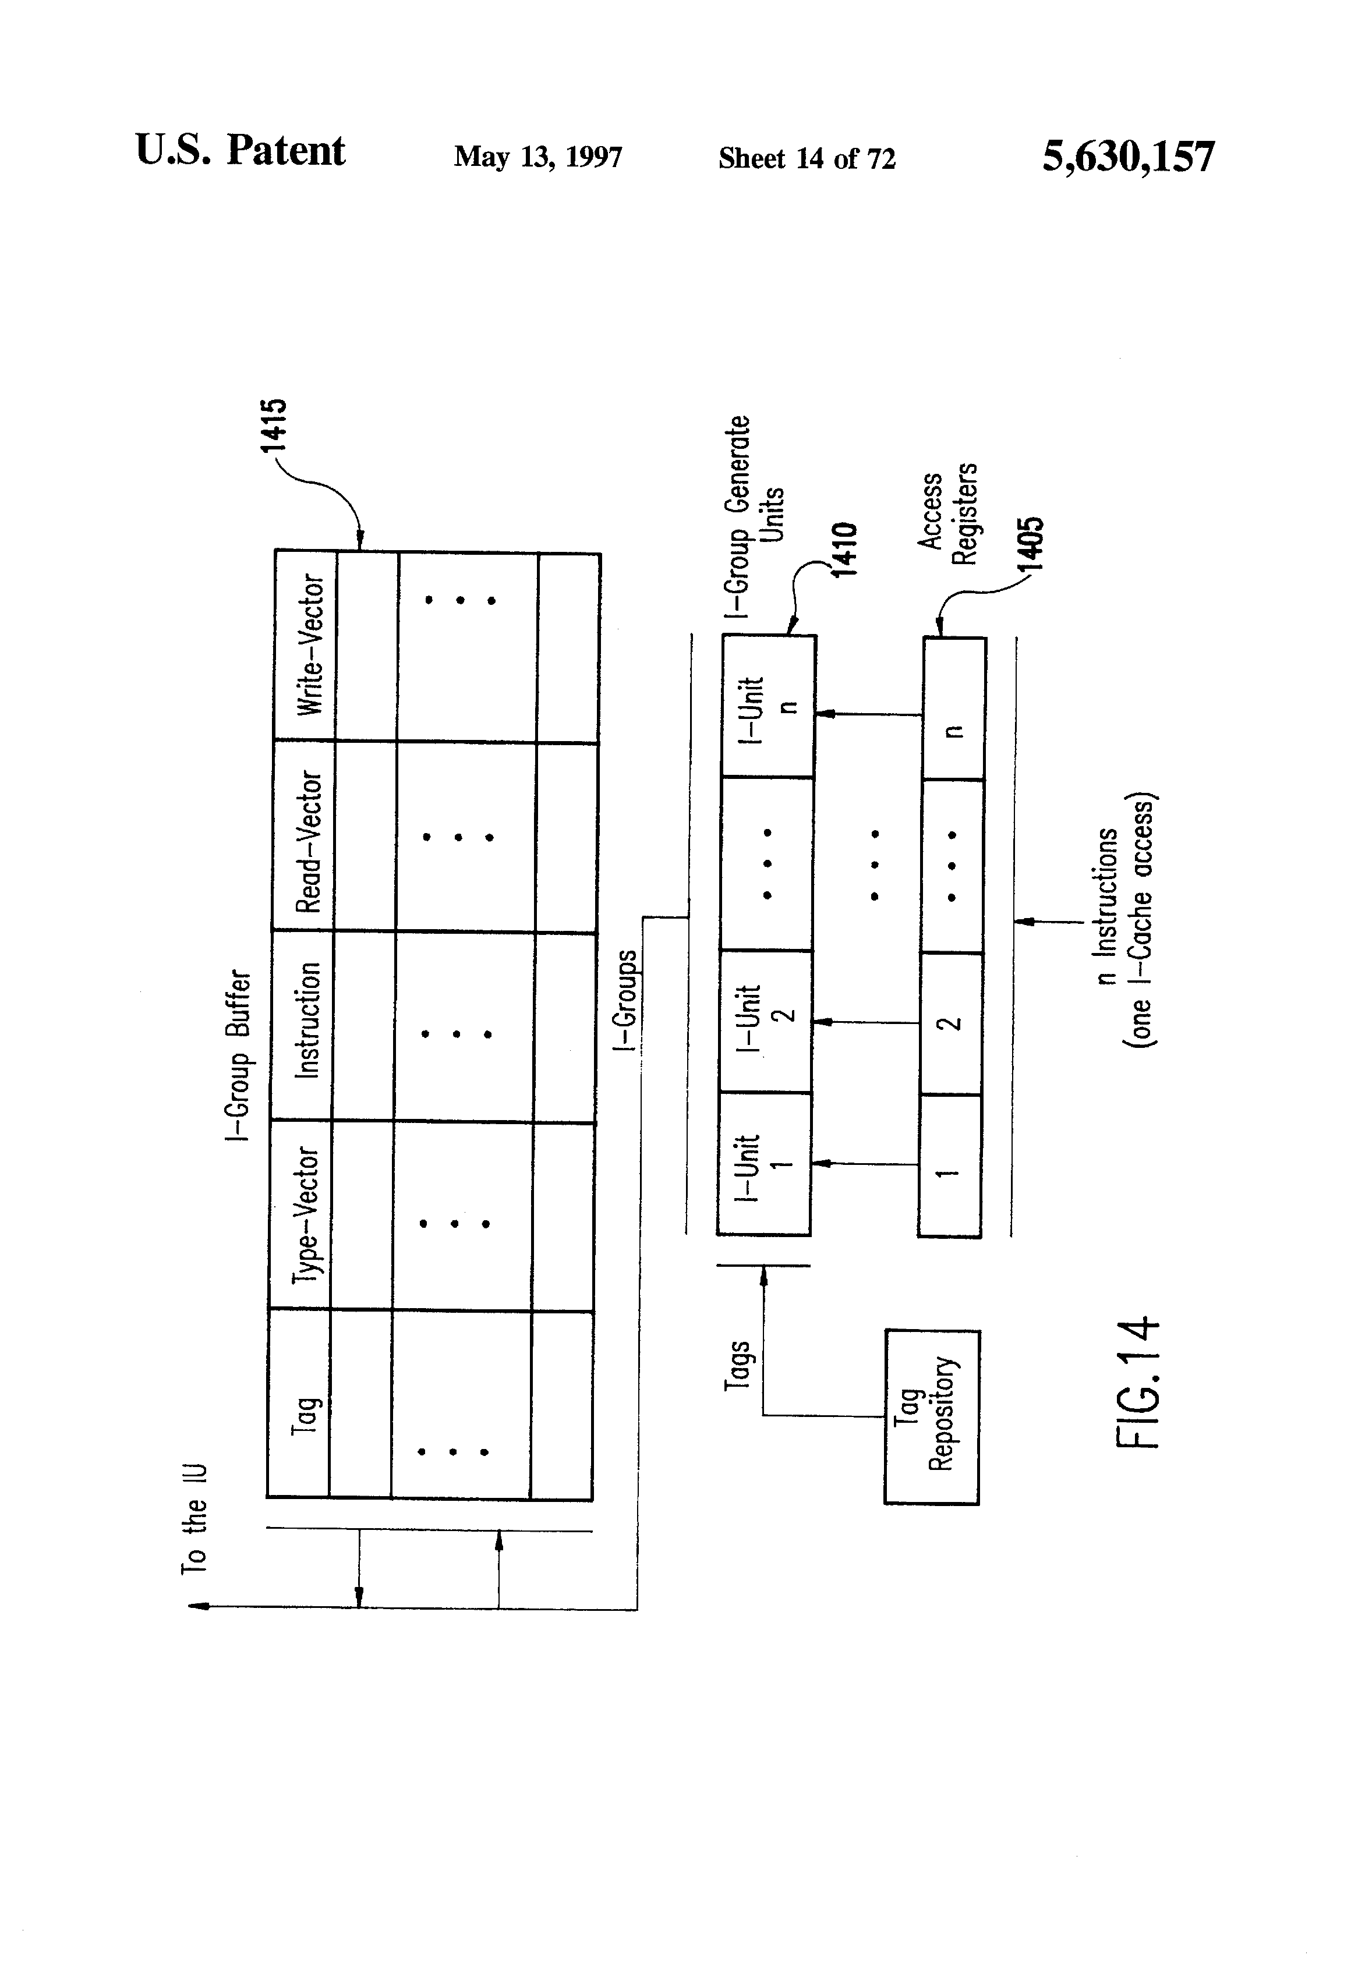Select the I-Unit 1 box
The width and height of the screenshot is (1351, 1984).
click(763, 1164)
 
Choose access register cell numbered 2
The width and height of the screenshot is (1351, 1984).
click(950, 1023)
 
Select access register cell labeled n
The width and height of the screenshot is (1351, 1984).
click(954, 708)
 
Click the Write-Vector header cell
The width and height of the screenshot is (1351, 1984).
click(306, 646)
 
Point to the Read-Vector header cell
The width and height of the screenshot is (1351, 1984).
click(304, 837)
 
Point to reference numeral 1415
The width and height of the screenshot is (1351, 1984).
click(274, 424)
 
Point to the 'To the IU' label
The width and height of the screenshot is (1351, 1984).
click(194, 1518)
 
